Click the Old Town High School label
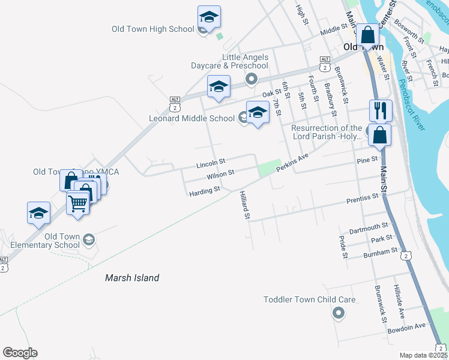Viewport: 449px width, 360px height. (x=153, y=29)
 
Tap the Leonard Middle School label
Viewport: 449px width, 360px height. (x=191, y=118)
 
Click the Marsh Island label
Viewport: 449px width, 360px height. (x=132, y=278)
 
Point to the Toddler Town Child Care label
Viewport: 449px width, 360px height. (x=310, y=299)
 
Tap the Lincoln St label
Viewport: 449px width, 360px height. (x=211, y=162)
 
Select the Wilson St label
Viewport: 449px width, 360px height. (x=220, y=175)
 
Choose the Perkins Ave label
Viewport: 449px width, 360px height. (x=292, y=163)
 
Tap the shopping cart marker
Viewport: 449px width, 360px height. (x=78, y=203)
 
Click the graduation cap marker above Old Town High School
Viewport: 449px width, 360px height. (x=209, y=17)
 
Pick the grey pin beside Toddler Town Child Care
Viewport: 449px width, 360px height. (x=339, y=313)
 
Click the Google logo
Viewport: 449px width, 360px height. (x=20, y=353)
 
